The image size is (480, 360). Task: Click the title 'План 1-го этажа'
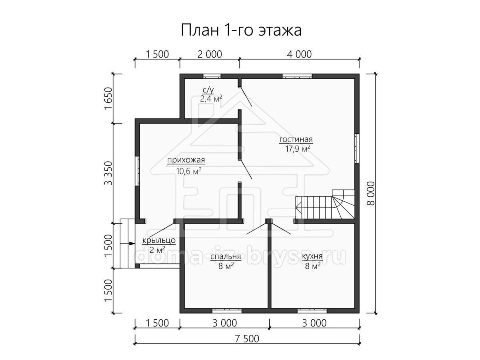pyautogui.click(x=241, y=30)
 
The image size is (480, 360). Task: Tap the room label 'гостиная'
pyautogui.click(x=296, y=139)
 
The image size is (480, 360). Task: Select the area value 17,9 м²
pyautogui.click(x=298, y=149)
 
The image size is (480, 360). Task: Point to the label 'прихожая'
pyautogui.click(x=186, y=160)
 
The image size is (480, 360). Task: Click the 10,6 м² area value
pyautogui.click(x=188, y=171)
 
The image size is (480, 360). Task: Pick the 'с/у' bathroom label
pyautogui.click(x=208, y=90)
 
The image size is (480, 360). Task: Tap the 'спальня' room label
pyautogui.click(x=226, y=256)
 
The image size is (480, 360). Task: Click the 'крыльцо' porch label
pyautogui.click(x=159, y=240)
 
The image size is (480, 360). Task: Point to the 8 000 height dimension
pyautogui.click(x=371, y=194)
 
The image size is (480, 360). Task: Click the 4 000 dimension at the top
pyautogui.click(x=299, y=54)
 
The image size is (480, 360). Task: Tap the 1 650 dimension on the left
pyautogui.click(x=108, y=98)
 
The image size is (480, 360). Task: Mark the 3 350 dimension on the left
pyautogui.click(x=108, y=173)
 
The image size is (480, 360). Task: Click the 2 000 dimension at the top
pyautogui.click(x=210, y=54)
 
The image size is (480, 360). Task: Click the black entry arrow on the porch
pyautogui.click(x=132, y=243)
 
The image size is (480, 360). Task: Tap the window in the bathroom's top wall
pyautogui.click(x=212, y=76)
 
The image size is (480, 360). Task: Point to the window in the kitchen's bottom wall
pyautogui.click(x=312, y=311)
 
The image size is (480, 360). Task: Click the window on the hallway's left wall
pyautogui.click(x=137, y=171)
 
